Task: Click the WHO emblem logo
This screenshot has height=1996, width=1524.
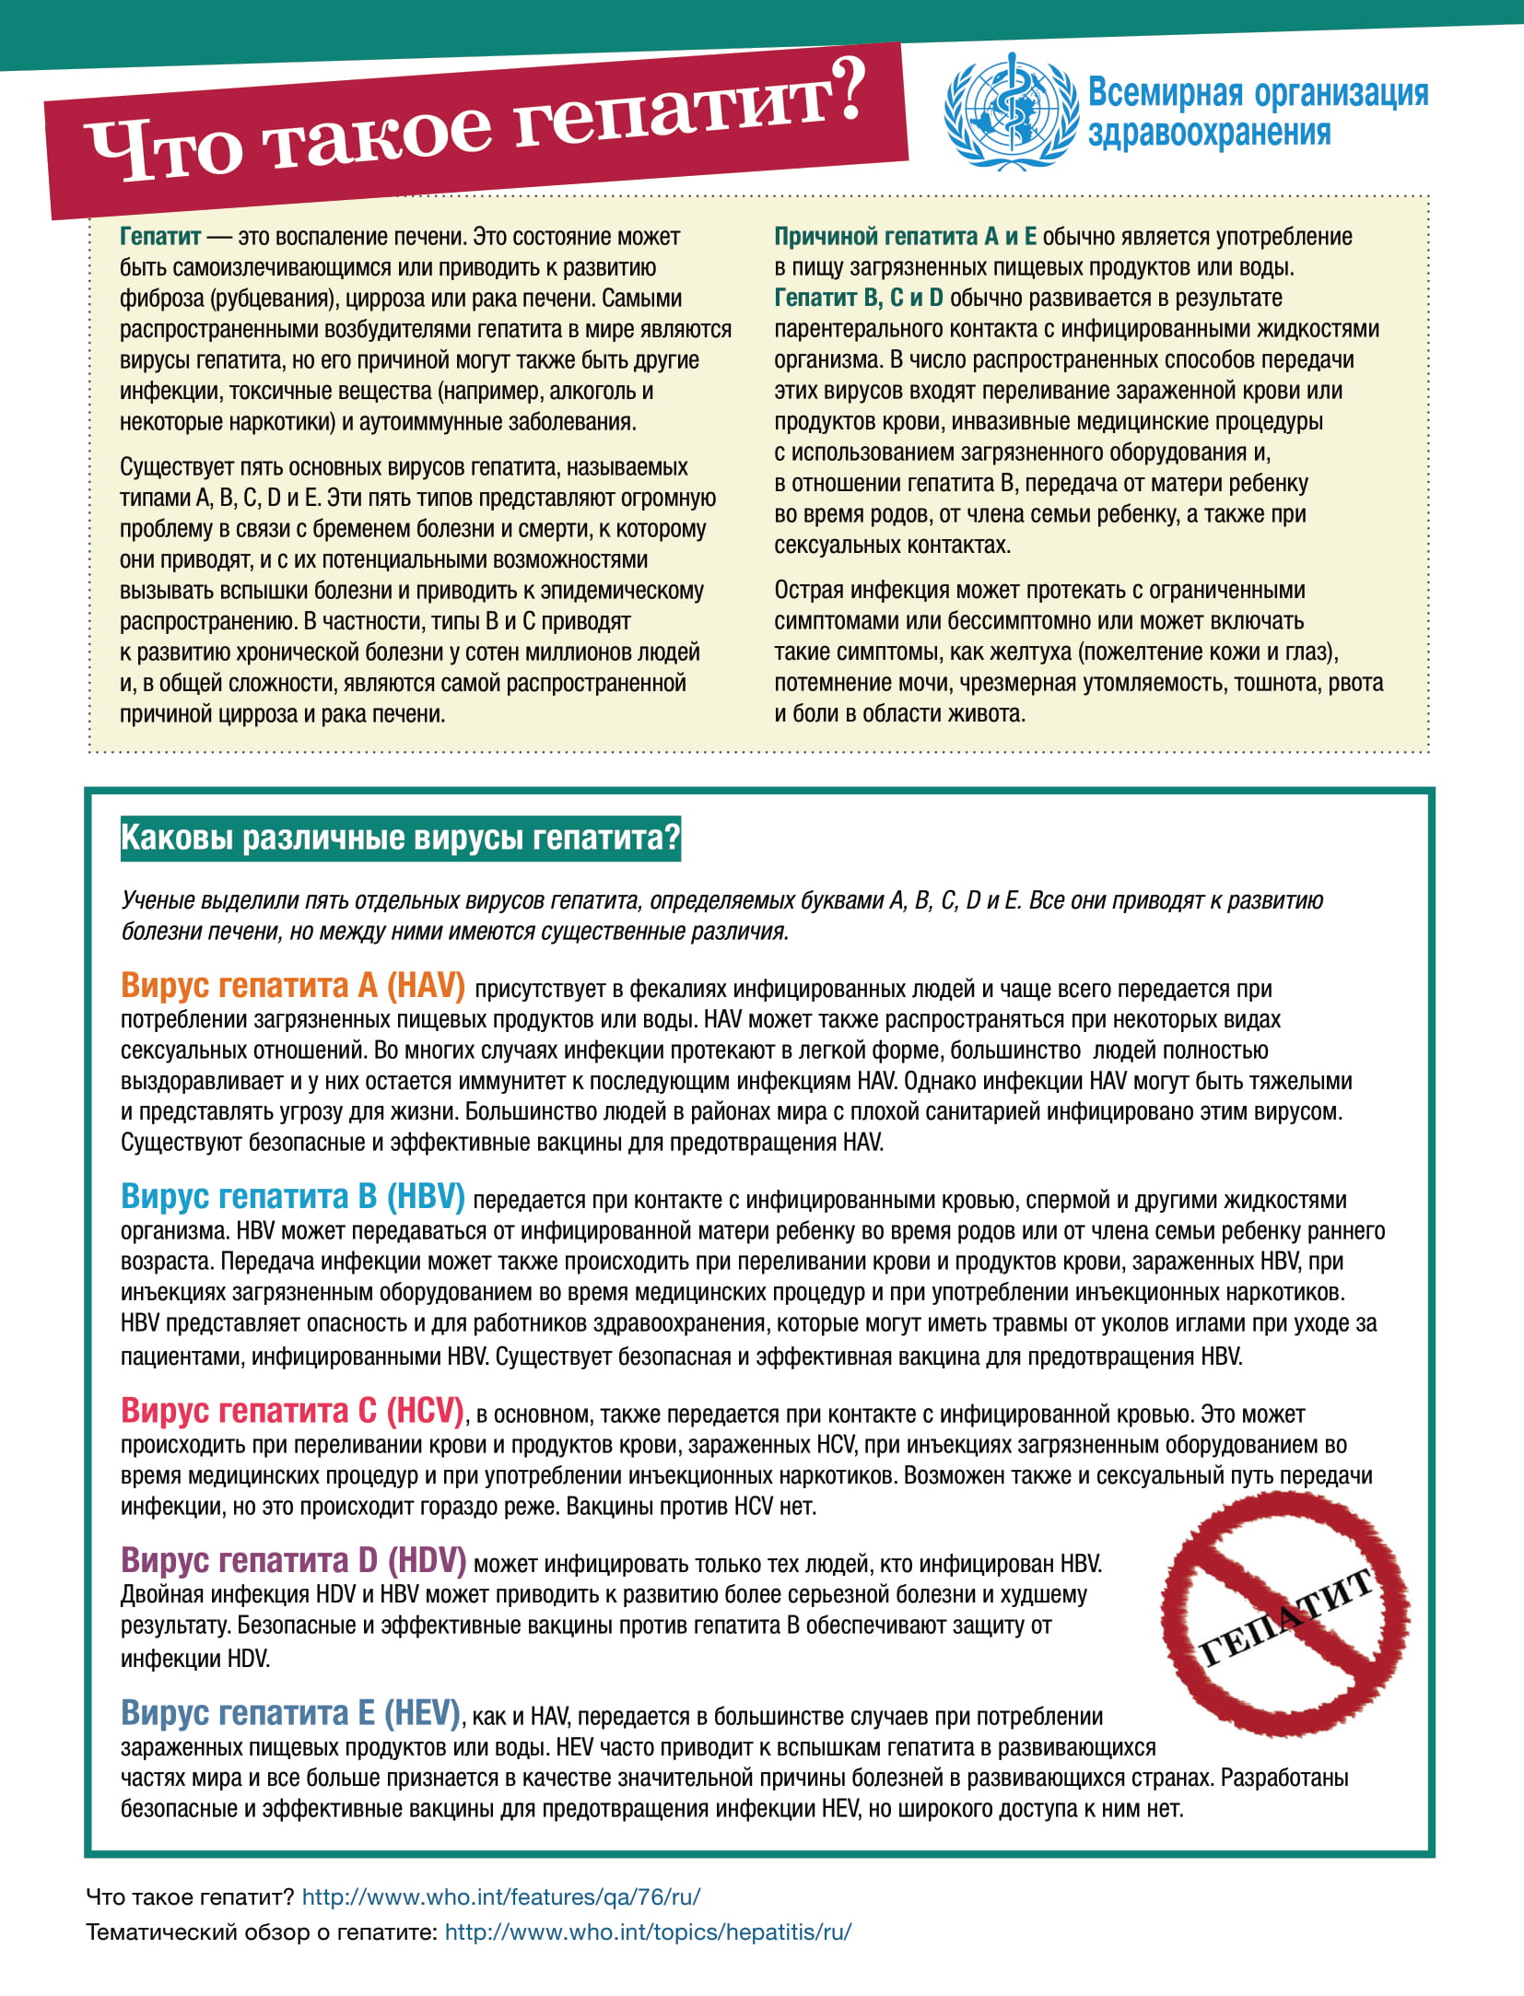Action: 1010,112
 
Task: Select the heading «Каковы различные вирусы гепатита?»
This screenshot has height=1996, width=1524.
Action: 400,838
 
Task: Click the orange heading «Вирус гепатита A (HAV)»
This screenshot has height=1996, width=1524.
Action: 292,985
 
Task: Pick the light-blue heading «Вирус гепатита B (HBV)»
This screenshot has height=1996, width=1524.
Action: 292,1196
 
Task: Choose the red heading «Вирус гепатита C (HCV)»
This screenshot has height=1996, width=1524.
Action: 292,1410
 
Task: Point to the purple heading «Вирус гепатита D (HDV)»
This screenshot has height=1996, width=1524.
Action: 292,1560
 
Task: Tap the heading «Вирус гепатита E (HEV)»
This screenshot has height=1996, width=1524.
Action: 290,1712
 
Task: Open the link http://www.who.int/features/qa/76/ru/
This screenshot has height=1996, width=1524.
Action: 500,1897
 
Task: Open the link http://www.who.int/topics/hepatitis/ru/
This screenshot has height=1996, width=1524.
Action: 648,1932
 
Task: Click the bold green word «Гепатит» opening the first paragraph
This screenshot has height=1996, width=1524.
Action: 159,237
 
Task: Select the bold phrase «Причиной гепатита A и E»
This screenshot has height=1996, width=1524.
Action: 904,237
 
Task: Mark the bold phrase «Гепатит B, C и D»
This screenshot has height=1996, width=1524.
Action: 858,299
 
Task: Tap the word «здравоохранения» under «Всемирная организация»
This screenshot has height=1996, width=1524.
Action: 1209,134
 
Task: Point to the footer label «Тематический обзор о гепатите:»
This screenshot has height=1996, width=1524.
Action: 261,1932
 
